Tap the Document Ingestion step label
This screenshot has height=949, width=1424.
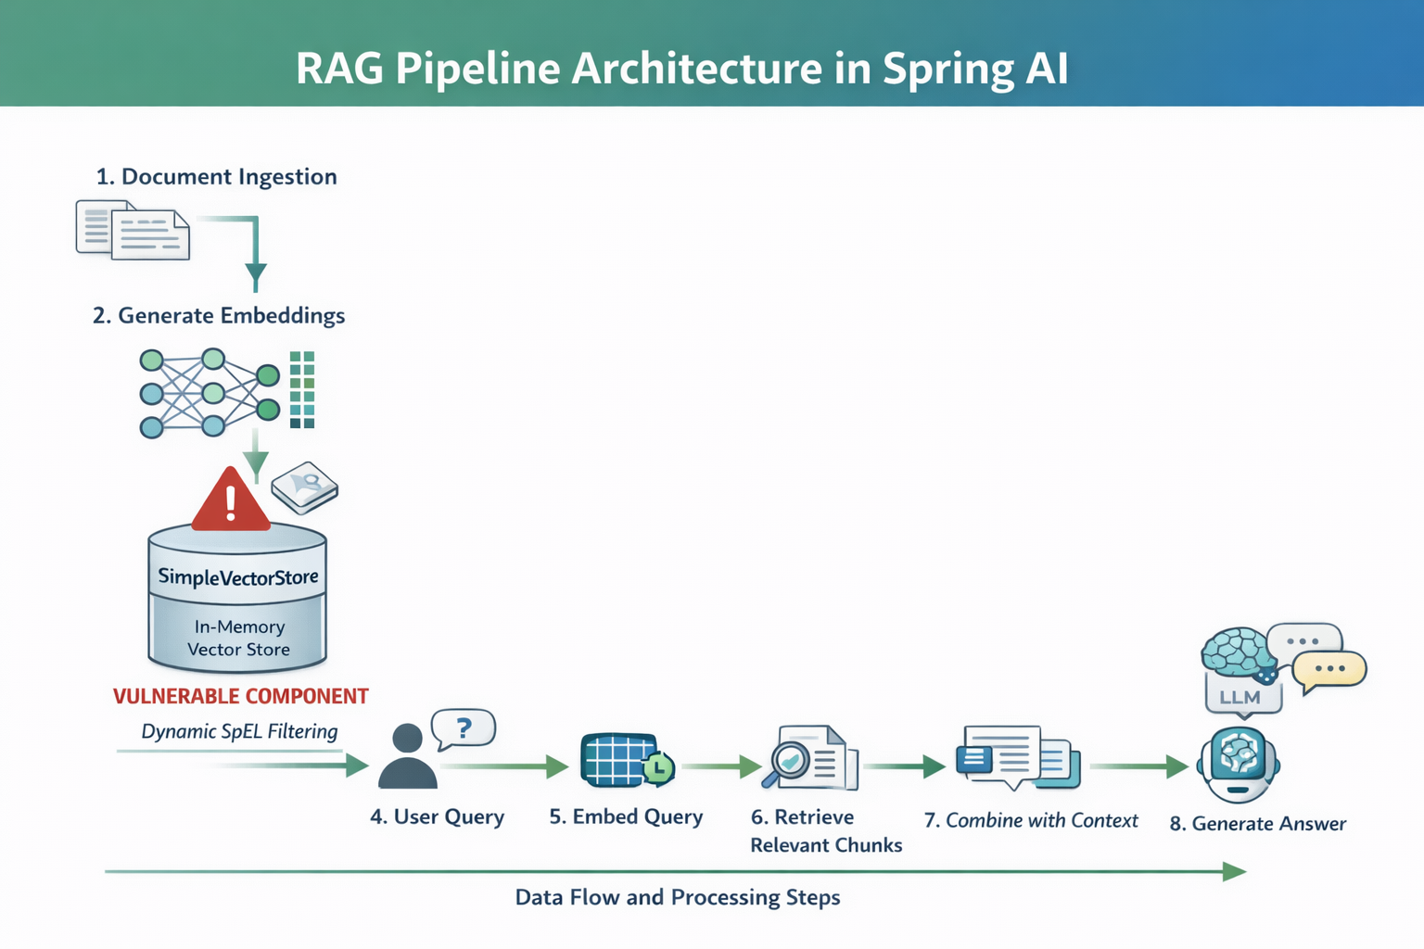point(217,177)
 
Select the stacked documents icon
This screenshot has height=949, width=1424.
point(133,231)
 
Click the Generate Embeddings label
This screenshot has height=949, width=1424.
point(219,316)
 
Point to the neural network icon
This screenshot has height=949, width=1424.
point(210,393)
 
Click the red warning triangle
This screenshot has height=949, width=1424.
point(230,501)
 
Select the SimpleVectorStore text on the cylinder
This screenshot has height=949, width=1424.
point(238,576)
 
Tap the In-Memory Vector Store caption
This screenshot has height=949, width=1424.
point(238,638)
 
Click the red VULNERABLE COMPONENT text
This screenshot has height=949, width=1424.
point(241,696)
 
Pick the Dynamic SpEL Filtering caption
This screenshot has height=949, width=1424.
point(239,731)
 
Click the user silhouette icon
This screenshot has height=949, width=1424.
point(408,757)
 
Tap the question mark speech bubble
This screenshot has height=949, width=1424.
point(464,729)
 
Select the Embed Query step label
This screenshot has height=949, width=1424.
point(626,816)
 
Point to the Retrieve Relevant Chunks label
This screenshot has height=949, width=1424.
point(825,830)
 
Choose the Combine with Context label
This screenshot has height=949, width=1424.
point(1031,820)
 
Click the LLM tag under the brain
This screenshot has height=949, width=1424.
point(1240,697)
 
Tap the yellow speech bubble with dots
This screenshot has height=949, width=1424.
point(1329,669)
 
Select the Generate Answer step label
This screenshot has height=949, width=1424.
point(1258,823)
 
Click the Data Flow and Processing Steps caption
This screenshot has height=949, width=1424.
point(678,897)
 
